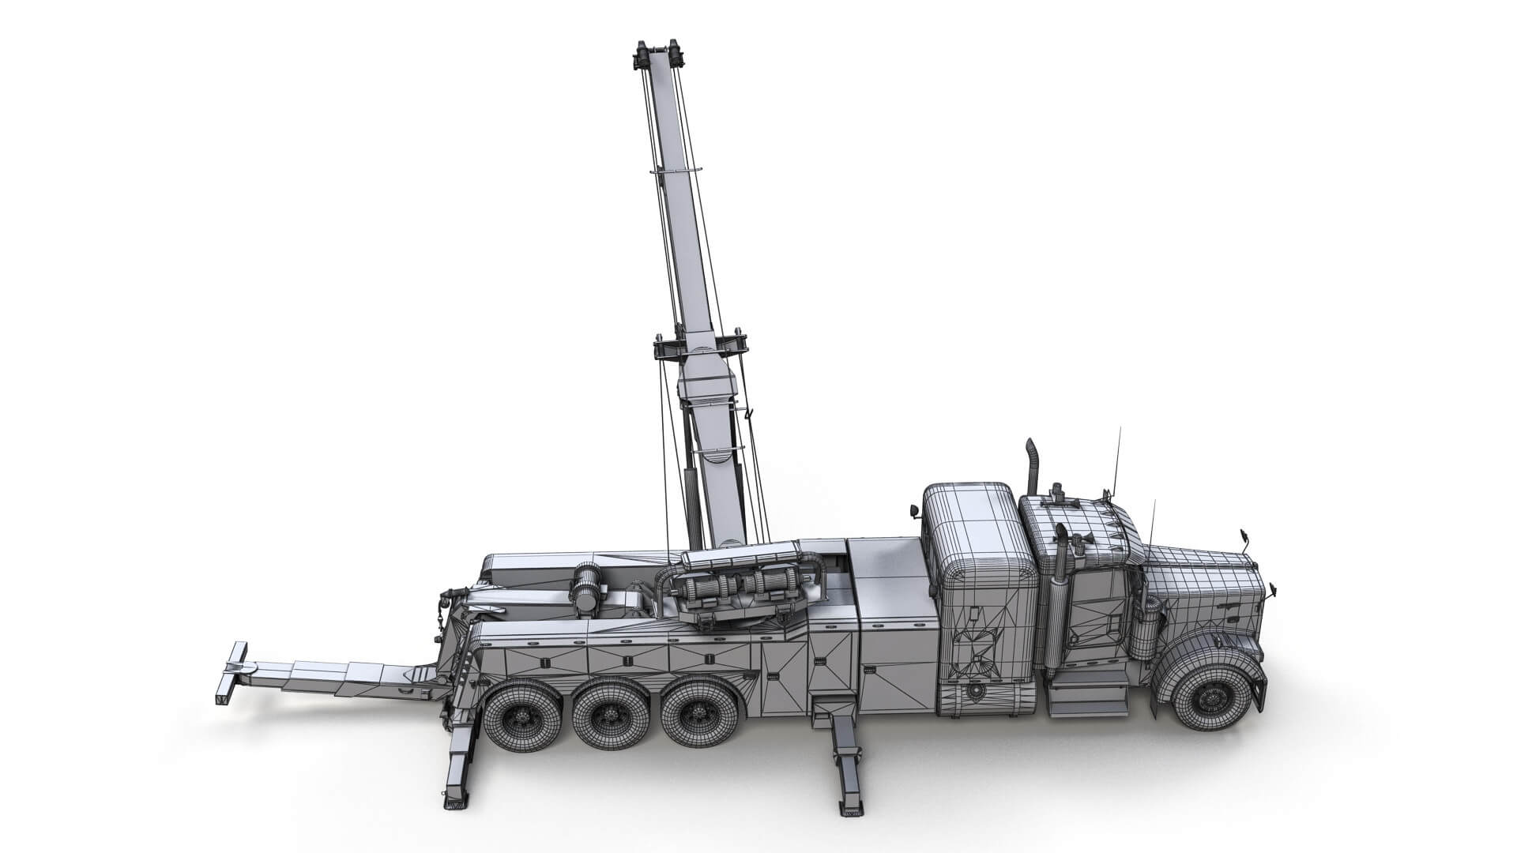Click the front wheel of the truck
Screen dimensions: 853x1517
coord(1210,697)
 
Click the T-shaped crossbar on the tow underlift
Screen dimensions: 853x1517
coord(230,668)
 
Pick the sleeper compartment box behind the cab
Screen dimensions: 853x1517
coord(980,584)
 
